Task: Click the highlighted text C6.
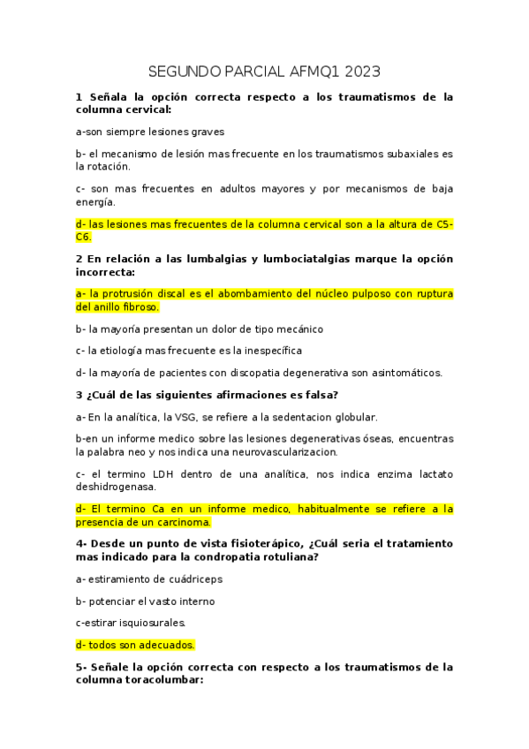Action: click(x=84, y=237)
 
